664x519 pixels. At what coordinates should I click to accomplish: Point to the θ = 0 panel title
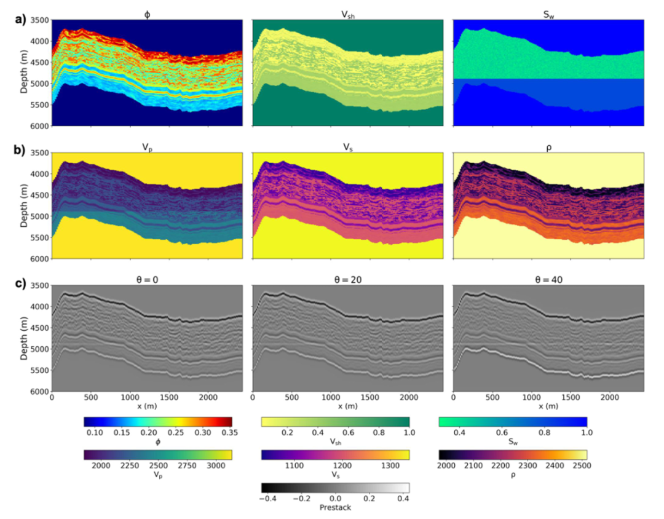pos(147,280)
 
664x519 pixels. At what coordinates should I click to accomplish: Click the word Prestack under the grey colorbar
pos(336,508)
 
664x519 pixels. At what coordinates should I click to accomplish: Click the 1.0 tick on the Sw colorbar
pos(587,434)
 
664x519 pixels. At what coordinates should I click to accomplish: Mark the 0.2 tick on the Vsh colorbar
pos(287,434)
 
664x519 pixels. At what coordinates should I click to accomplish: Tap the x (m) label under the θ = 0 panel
pos(147,406)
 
